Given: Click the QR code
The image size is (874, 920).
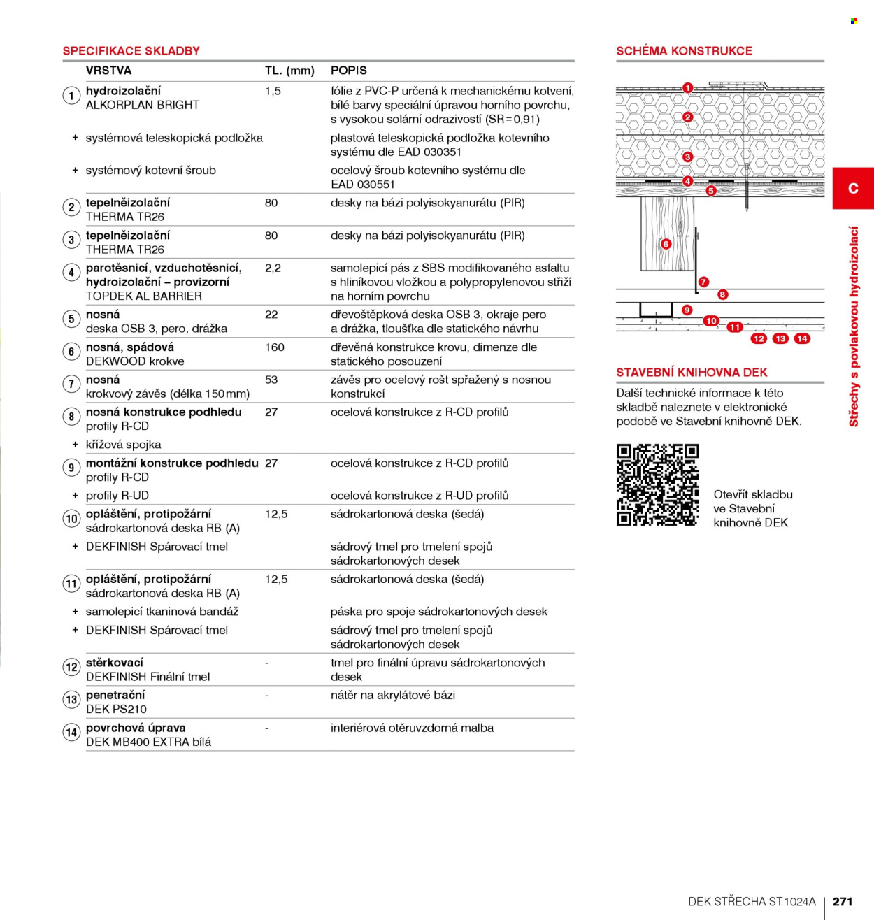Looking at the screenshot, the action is [x=657, y=484].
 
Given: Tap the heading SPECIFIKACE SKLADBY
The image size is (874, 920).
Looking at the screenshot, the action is [x=131, y=51].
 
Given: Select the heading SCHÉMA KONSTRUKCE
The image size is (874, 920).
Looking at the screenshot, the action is [x=684, y=51].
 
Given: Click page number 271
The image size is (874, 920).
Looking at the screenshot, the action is [x=843, y=901].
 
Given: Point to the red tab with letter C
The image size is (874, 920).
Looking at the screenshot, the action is [x=853, y=188].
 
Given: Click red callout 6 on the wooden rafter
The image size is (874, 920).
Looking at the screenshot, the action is [x=666, y=244].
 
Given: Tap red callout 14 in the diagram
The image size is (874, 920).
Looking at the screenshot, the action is [x=802, y=338].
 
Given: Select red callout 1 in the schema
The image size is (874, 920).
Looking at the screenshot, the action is [x=687, y=87].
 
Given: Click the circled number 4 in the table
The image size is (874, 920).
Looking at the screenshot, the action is [x=71, y=273].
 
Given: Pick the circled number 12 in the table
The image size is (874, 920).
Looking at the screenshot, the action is [x=71, y=667].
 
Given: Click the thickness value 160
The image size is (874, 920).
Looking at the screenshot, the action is [x=275, y=347].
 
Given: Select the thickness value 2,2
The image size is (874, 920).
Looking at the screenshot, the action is [x=273, y=268].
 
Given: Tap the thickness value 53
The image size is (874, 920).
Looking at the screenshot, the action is [x=271, y=380].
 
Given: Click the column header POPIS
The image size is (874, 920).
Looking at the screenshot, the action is [x=349, y=71].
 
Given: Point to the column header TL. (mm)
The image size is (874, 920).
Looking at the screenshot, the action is [x=289, y=71].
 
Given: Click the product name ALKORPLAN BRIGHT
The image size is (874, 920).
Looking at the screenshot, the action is [x=143, y=105].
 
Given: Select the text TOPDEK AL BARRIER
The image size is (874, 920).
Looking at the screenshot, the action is [x=144, y=296].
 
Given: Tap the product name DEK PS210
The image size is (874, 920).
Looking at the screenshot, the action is [x=117, y=709].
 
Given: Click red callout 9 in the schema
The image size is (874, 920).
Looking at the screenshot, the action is [x=687, y=310].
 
